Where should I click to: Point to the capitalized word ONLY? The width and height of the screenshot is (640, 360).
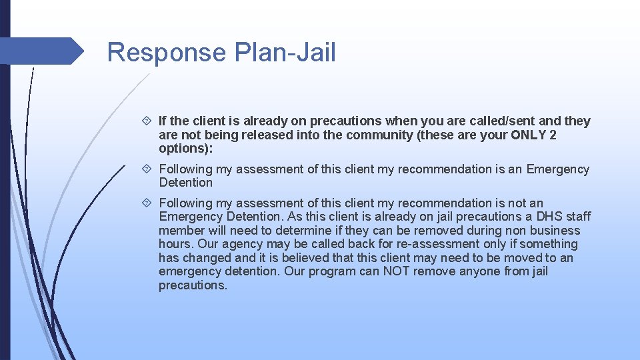[x=529, y=135]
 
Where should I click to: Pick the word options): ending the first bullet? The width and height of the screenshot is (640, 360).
[x=183, y=149]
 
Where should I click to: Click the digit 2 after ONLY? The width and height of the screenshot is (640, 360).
[x=553, y=135]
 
